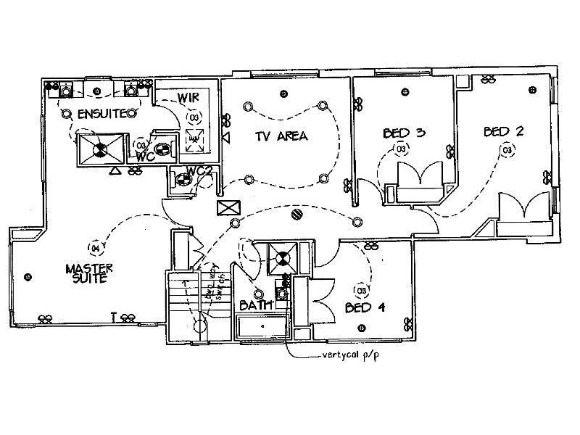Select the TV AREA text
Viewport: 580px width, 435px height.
[281, 136]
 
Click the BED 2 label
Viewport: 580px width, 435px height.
[504, 131]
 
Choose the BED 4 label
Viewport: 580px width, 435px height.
[365, 307]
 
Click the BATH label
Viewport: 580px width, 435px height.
[257, 306]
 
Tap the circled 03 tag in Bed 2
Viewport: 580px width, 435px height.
[507, 150]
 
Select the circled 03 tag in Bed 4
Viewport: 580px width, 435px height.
[360, 290]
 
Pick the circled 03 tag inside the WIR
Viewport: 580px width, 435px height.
[194, 116]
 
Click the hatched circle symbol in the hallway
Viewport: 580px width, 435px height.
[296, 214]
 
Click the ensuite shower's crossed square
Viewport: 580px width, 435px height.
[98, 150]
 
